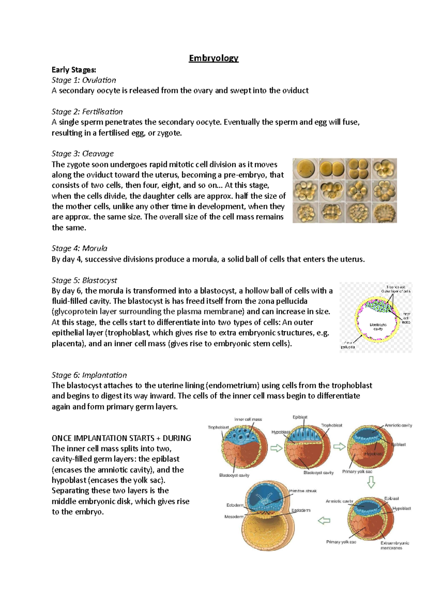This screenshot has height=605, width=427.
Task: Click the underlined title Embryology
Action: (x=213, y=58)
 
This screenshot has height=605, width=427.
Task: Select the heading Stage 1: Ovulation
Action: (x=84, y=80)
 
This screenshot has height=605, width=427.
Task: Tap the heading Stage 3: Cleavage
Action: (x=83, y=154)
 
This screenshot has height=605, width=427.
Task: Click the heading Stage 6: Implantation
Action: (x=89, y=375)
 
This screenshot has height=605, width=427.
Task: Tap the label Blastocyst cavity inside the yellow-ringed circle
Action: (x=378, y=326)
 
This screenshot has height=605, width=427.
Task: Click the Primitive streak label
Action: (x=302, y=491)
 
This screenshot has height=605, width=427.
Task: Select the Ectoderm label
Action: (x=235, y=505)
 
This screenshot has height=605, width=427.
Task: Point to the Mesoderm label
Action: (x=234, y=517)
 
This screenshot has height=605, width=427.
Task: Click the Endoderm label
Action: (x=301, y=510)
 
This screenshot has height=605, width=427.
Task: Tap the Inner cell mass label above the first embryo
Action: (x=248, y=419)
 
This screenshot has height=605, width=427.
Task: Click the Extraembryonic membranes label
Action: (x=394, y=545)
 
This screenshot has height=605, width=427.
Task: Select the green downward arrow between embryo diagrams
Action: (x=371, y=482)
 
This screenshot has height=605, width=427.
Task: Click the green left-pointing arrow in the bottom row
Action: (x=324, y=521)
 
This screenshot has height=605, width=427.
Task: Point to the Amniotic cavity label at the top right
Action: (x=398, y=425)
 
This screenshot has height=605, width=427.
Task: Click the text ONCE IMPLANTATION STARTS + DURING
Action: (x=121, y=438)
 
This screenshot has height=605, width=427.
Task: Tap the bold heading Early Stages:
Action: (x=74, y=69)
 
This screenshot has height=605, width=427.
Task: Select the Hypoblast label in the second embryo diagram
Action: (x=280, y=432)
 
